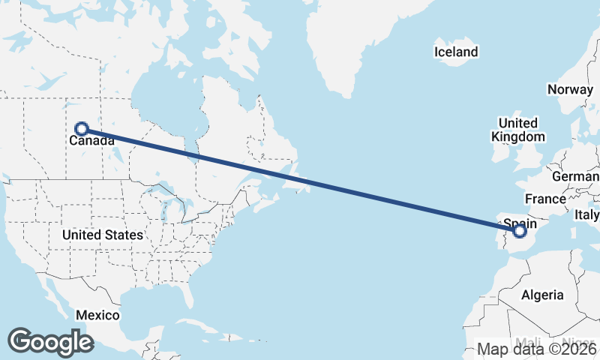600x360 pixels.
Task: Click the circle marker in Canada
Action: (82, 129)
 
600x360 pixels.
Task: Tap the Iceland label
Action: (456, 52)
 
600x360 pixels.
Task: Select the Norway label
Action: (570, 89)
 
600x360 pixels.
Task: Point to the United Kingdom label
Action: (518, 130)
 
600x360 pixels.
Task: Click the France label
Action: (545, 199)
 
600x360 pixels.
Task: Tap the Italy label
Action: (587, 214)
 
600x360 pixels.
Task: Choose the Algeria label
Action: (541, 295)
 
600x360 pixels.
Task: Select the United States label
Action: (102, 235)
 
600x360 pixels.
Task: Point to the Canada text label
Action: (92, 141)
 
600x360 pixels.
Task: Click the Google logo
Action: (50, 341)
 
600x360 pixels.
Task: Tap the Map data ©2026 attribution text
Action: (537, 349)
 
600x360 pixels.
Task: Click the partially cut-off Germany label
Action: (575, 177)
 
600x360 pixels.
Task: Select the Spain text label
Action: (520, 222)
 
